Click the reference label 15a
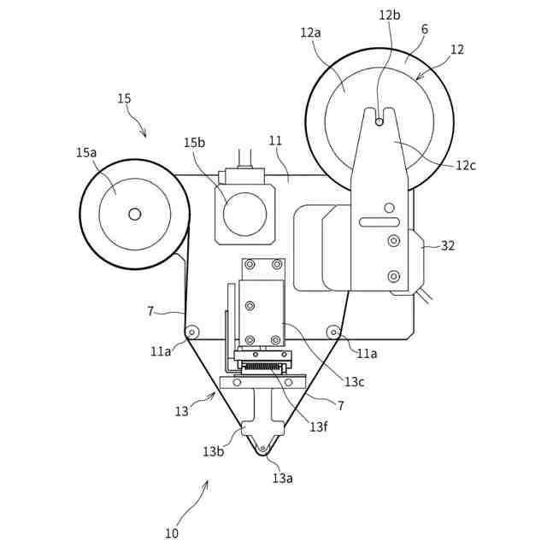[x=86, y=153]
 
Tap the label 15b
[x=194, y=143]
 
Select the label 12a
[x=310, y=32]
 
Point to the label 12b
[x=389, y=15]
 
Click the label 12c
[x=466, y=166]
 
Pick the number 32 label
[x=448, y=245]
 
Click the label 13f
[x=319, y=426]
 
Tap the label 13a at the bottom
[x=282, y=478]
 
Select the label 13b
[x=213, y=451]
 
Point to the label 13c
[x=356, y=382]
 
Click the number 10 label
[x=172, y=533]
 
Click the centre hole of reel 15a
[x=134, y=214]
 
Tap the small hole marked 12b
[x=379, y=122]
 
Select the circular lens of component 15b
[x=244, y=214]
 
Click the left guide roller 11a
[x=191, y=332]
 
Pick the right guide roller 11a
[x=332, y=332]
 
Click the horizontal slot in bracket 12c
[x=379, y=222]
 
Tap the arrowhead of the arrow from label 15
[x=144, y=135]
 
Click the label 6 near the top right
[x=425, y=29]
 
